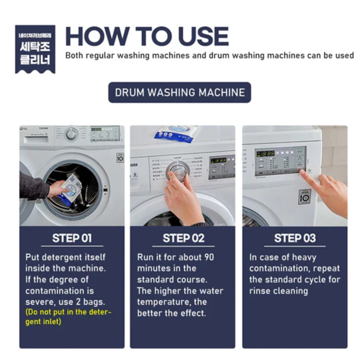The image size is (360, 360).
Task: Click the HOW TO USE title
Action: click(147, 36)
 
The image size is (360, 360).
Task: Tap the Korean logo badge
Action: click(35, 48)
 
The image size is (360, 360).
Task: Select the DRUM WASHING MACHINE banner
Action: click(179, 92)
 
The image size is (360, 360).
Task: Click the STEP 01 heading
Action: click(72, 238)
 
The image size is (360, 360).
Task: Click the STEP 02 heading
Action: click(183, 238)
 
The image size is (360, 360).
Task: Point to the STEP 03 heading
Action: click(294, 238)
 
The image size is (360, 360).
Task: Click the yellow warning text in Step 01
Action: click(68, 317)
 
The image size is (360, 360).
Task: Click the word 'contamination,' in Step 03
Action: click(277, 268)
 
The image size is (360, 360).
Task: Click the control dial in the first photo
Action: click(71, 134)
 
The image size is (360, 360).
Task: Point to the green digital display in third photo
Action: click(266, 153)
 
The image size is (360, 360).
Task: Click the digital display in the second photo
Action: click(218, 160)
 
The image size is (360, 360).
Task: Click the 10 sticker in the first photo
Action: click(120, 157)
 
